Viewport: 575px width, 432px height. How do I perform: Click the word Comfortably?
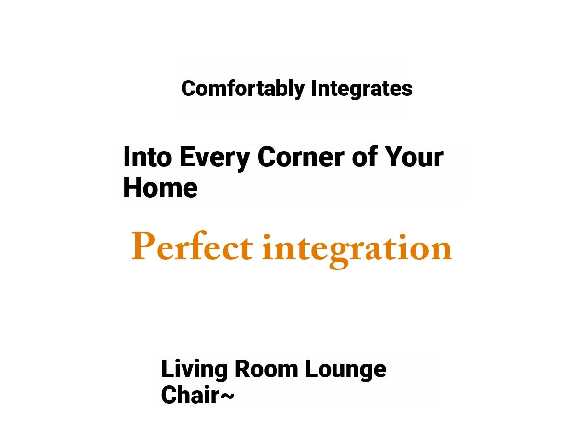pyautogui.click(x=243, y=89)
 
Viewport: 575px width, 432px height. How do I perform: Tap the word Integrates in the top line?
pyautogui.click(x=362, y=89)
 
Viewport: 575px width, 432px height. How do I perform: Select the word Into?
pyautogui.click(x=148, y=157)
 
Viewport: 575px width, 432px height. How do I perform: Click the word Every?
pyautogui.click(x=215, y=159)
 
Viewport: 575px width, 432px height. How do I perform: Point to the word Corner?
pyautogui.click(x=301, y=157)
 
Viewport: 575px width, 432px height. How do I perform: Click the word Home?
pyautogui.click(x=161, y=187)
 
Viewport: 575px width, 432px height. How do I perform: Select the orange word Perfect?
pyautogui.click(x=192, y=245)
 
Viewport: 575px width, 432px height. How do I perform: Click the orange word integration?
pyautogui.click(x=357, y=251)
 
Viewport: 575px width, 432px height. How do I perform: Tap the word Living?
pyautogui.click(x=195, y=370)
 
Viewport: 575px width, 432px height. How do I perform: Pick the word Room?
pyautogui.click(x=266, y=369)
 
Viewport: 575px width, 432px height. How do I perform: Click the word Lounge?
pyautogui.click(x=346, y=370)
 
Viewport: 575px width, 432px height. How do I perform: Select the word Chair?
pyautogui.click(x=190, y=395)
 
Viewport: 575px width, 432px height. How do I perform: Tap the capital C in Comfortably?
pyautogui.click(x=189, y=89)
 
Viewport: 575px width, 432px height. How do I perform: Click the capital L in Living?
pyautogui.click(x=167, y=369)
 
